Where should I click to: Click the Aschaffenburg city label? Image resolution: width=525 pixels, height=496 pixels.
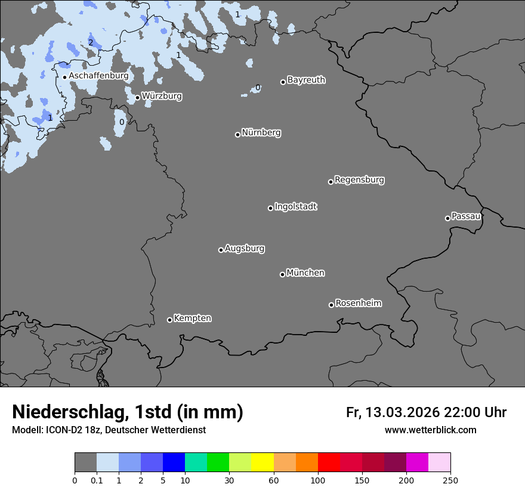point(98,76)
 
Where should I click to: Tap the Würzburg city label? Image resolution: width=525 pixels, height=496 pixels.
point(162,96)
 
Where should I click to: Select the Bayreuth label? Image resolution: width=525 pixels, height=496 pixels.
point(306,80)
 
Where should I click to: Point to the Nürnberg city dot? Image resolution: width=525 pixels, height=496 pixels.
point(237,134)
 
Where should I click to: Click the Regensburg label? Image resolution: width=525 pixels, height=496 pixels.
point(359,180)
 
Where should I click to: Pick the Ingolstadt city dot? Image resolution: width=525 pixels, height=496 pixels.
point(270,208)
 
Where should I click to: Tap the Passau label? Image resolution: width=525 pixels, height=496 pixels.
point(466,216)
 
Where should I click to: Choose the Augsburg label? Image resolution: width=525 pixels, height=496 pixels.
point(245,249)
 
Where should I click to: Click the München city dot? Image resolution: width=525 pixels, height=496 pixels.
point(282,274)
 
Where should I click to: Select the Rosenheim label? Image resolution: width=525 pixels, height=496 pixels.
point(358,304)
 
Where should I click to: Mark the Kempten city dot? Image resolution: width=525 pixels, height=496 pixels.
point(169,320)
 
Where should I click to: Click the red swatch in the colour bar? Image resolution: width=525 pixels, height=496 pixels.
point(329,463)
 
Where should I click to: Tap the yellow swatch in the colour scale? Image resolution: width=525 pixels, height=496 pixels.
point(262,463)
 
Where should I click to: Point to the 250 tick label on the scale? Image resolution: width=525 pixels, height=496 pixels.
point(450,480)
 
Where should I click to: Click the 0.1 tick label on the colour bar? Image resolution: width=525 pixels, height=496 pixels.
point(97,480)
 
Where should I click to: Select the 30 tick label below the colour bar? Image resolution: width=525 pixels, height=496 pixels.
point(229,480)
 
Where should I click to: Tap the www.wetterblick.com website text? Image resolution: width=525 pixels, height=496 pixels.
point(430,430)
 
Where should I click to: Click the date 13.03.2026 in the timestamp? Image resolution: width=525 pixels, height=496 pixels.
point(403,412)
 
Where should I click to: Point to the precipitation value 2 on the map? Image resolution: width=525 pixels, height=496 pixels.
point(91,42)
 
